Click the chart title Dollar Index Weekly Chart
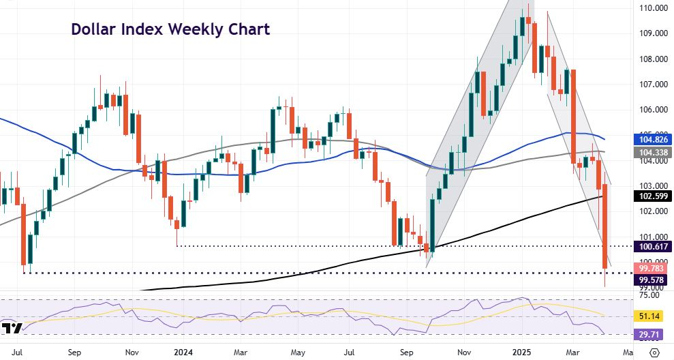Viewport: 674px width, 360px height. (170, 29)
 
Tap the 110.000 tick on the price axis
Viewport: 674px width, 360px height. (652, 8)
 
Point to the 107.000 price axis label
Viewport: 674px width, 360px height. (652, 85)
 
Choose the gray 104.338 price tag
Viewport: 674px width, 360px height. (652, 153)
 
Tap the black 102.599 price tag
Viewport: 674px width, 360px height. (652, 196)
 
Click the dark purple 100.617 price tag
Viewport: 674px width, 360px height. (652, 246)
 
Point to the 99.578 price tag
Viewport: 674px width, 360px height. (652, 280)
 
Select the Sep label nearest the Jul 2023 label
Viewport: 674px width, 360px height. (76, 352)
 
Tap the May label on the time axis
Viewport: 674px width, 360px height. (298, 352)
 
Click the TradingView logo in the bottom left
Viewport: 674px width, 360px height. (12, 329)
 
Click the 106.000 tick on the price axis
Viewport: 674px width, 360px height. (652, 110)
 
